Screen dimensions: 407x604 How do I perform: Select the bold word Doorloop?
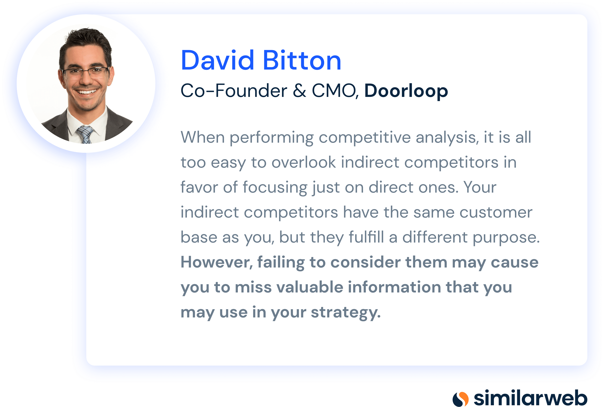click(406, 91)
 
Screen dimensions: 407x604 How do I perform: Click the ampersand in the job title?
click(300, 91)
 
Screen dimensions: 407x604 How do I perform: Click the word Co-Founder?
click(234, 91)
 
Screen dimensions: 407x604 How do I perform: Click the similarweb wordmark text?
click(530, 398)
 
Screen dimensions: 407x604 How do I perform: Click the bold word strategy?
click(346, 312)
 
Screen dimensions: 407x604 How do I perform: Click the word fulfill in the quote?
click(366, 237)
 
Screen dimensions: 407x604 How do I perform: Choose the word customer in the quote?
click(496, 212)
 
